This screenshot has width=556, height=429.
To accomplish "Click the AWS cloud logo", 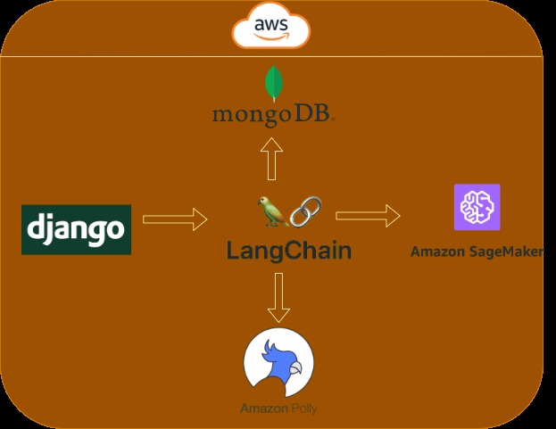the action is click(271, 27).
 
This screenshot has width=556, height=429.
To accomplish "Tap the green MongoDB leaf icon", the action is click(274, 83).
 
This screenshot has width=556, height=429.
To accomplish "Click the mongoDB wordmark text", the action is click(273, 115).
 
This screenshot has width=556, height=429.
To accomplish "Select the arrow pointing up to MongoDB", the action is click(271, 159).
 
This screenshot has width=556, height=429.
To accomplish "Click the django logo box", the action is click(76, 229).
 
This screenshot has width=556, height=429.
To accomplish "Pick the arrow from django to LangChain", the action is click(175, 219).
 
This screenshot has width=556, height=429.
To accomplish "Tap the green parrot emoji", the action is click(273, 211).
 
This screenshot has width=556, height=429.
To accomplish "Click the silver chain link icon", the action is click(305, 211).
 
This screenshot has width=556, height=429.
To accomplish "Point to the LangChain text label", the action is click(289, 251).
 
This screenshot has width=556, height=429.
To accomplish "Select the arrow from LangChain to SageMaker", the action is click(368, 215).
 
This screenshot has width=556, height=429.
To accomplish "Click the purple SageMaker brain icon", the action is click(477, 207).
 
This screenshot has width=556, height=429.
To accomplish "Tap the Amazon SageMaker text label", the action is click(477, 252).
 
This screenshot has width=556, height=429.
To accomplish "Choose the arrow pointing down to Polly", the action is click(278, 298).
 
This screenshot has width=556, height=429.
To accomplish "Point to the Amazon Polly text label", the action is click(278, 408).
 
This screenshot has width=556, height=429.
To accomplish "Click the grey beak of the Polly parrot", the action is click(295, 367).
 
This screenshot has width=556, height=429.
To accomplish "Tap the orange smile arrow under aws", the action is click(271, 37).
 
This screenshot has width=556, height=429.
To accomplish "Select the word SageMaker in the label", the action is click(506, 252).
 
